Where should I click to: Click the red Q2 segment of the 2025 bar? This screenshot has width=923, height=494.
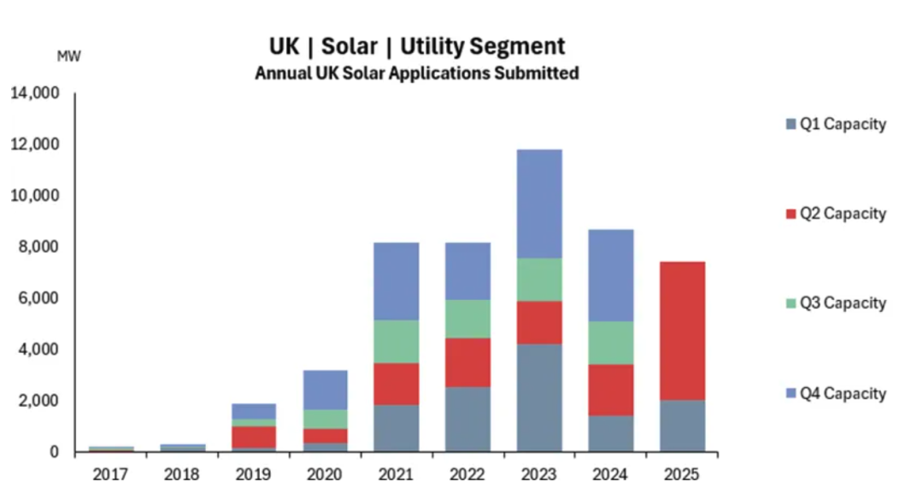click(681, 331)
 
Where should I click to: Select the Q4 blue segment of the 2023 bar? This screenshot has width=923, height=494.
click(538, 203)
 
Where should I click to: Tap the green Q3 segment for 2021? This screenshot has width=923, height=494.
click(396, 341)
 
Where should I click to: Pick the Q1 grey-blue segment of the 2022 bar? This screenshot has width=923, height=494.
click(467, 419)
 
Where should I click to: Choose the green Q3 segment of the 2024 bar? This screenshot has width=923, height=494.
click(609, 343)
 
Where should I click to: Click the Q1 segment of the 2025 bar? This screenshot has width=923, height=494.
click(681, 426)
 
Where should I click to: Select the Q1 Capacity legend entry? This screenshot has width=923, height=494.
click(836, 125)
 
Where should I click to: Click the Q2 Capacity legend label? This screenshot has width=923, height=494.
click(843, 214)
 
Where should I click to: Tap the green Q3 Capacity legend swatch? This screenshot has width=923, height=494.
click(791, 303)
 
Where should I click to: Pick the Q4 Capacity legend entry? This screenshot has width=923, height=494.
click(836, 394)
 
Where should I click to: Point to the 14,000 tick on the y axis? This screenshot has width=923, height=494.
click(35, 93)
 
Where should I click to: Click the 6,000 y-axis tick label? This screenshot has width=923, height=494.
click(38, 298)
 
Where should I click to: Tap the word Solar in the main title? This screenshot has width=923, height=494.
click(349, 45)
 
